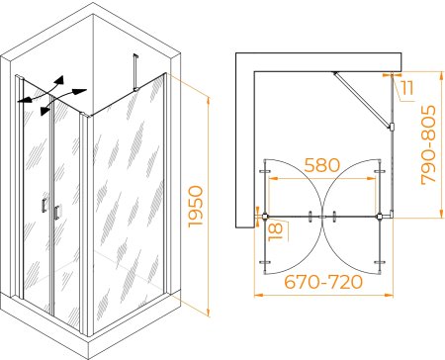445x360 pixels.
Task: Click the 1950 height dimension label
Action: point(196,207)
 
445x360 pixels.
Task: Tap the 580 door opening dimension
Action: point(321,165)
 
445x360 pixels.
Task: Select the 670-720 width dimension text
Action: point(323,282)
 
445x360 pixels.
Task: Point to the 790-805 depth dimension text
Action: point(428,144)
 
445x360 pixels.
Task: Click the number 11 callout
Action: point(407,88)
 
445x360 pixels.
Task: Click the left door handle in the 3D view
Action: point(44,206)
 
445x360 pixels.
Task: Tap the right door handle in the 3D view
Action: point(56,213)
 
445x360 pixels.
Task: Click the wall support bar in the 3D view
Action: point(134,72)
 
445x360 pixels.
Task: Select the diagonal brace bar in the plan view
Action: point(362,99)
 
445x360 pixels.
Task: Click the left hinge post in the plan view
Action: point(265,217)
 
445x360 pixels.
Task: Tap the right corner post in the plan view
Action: point(380,217)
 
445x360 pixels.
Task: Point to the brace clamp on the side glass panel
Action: point(392,127)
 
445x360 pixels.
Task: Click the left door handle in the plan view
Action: point(310,217)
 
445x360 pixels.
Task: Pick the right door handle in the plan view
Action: point(334,217)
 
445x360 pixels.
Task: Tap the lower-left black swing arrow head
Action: point(43,111)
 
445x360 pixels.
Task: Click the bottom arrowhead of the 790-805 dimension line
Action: point(441,214)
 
